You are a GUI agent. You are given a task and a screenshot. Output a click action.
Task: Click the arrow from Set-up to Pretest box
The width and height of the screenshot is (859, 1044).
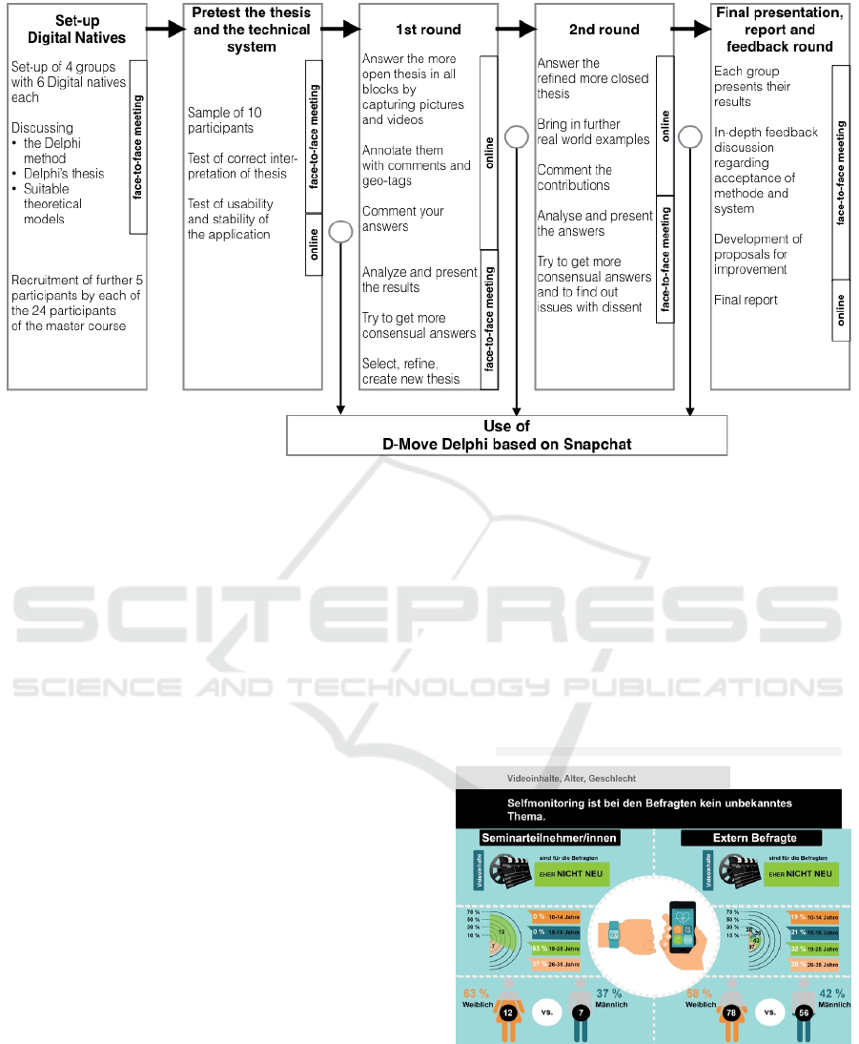164,30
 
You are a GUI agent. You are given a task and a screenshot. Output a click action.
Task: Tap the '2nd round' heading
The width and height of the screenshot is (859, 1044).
603,30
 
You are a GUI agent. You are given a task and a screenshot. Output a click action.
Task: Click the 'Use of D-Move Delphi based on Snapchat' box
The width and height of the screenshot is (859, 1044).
506,435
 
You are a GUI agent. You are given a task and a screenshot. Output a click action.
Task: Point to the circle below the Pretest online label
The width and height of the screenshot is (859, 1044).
339,232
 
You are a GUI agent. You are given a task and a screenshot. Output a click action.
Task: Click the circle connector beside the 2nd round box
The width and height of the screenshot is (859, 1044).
690,138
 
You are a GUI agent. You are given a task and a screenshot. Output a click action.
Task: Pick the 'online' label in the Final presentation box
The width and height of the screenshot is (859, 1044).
841,310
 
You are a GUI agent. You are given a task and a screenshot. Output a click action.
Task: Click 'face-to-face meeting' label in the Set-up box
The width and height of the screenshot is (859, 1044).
137,147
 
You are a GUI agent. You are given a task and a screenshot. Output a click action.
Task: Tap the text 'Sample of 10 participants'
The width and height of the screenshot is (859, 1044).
225,120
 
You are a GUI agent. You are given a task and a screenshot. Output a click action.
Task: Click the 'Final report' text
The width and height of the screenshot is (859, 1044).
746,300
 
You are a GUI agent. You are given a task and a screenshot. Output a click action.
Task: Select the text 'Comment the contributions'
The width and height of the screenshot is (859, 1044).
574,177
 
